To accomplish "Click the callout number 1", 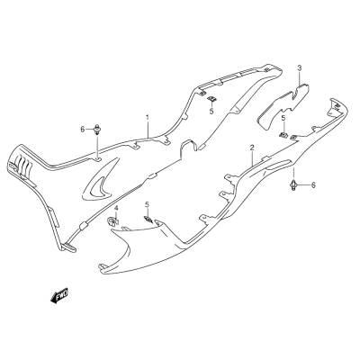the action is [x=148, y=117].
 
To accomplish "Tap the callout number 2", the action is [x=252, y=148].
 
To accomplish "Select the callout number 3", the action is [x=300, y=67].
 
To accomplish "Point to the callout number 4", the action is [x=116, y=208].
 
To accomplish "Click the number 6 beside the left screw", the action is [x=83, y=130].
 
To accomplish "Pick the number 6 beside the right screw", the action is [x=313, y=185].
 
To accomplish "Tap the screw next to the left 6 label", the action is [x=97, y=130].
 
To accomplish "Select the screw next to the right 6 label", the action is [x=293, y=185].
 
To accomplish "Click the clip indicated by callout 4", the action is [x=112, y=221].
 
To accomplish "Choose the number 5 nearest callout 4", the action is [x=147, y=204].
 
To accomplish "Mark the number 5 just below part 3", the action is [x=283, y=118].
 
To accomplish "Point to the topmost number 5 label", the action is [x=211, y=112].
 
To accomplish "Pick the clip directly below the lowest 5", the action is [x=148, y=220].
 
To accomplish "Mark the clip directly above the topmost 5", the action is [x=212, y=98].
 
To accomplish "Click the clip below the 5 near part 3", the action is [x=283, y=135].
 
